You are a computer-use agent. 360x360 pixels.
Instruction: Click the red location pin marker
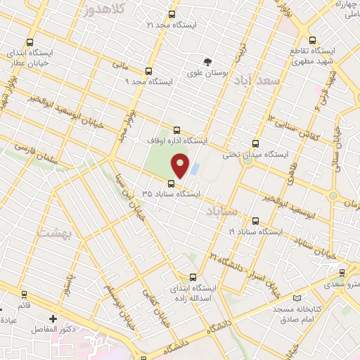181,165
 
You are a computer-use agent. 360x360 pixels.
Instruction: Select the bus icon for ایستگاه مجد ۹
148,71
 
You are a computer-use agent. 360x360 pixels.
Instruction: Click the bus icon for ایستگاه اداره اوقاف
176,130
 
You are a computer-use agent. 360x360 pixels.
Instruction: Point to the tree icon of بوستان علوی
207,62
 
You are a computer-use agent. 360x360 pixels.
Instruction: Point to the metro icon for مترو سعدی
342,272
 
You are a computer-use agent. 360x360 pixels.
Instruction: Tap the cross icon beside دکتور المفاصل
51,319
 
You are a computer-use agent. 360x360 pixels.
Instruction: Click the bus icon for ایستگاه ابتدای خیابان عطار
29,41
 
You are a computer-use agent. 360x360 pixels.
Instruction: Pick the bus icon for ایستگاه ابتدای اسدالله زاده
193,277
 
